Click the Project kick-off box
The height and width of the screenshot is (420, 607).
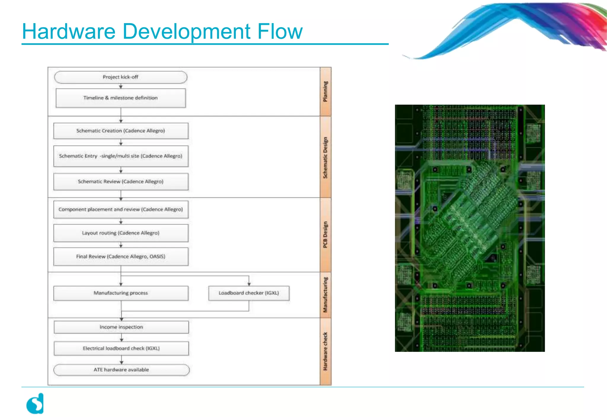click(x=121, y=77)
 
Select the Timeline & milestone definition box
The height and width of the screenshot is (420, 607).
click(x=121, y=98)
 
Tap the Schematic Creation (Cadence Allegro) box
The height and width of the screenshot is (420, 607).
click(x=121, y=131)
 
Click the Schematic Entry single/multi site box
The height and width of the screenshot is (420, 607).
click(x=121, y=156)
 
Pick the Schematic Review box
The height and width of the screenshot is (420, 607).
click(x=121, y=181)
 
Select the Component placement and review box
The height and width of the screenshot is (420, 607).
click(x=121, y=209)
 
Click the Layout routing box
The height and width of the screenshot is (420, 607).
click(x=121, y=233)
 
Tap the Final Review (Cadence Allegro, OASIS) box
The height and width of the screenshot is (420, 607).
click(x=121, y=257)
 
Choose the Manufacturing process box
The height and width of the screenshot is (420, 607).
click(x=121, y=293)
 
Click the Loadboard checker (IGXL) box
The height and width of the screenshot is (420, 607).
click(x=249, y=293)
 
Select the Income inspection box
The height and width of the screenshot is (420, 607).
click(x=121, y=327)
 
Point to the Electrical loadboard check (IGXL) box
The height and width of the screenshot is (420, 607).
click(x=121, y=348)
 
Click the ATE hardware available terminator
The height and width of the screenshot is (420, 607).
click(x=121, y=370)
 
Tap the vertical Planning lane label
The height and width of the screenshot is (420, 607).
click(x=325, y=92)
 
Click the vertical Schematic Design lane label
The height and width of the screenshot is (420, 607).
click(x=325, y=157)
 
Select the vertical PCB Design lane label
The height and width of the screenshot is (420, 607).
click(x=325, y=235)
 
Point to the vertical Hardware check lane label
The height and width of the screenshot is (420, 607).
click(x=325, y=351)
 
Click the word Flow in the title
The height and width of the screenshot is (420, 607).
click(x=280, y=31)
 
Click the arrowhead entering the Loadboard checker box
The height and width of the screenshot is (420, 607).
click(x=249, y=284)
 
